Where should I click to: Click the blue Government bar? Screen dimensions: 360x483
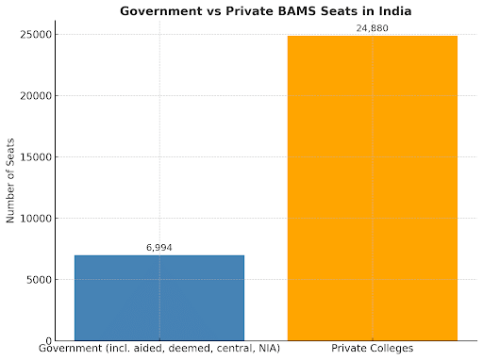click(x=158, y=297)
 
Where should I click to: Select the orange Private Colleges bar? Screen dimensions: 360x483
click(x=372, y=188)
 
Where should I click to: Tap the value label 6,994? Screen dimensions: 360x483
click(x=158, y=248)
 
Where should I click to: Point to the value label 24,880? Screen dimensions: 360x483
click(x=372, y=28)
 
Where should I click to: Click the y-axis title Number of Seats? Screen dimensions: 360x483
click(x=10, y=188)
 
